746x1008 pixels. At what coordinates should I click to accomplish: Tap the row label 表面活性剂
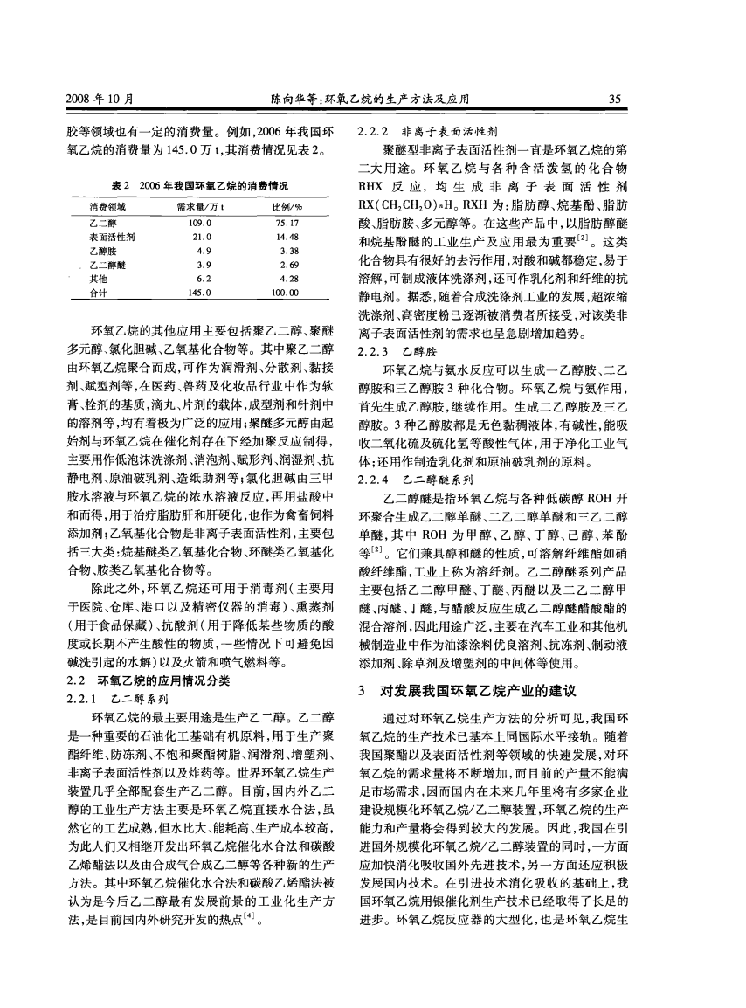112,237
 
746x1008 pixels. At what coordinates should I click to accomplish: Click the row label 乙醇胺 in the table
101,251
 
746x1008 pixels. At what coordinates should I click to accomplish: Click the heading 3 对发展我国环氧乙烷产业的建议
464,691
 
